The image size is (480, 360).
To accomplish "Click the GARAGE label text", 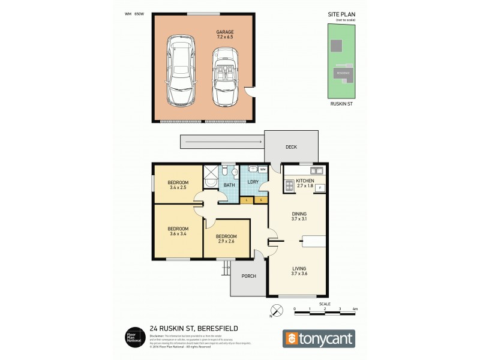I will (225, 32).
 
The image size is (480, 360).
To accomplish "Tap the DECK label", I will (290, 147).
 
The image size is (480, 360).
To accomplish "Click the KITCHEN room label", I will (305, 179).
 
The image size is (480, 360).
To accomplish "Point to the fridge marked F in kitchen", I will (320, 188).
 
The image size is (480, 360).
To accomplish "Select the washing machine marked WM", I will (263, 170).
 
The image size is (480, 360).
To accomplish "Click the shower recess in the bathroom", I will (211, 181).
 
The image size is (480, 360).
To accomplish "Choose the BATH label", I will (229, 185).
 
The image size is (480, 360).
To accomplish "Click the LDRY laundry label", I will (253, 182).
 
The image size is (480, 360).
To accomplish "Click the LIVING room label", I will (299, 269).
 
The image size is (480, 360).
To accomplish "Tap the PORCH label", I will (248, 276).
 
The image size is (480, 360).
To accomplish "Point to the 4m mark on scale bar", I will (355, 309).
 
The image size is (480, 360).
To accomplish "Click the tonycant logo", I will (319, 338).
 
